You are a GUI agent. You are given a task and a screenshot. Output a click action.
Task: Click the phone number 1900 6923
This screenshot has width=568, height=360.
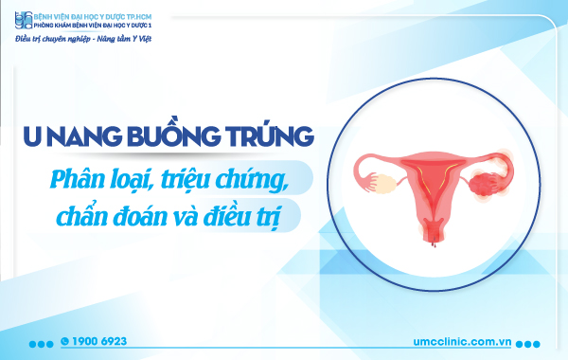pyautogui.click(x=100, y=340)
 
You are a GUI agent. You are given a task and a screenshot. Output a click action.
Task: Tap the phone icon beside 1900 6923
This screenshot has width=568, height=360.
pyautogui.click(x=64, y=340)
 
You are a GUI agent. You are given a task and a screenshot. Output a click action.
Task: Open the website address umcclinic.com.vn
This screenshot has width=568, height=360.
pyautogui.click(x=454, y=341)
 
